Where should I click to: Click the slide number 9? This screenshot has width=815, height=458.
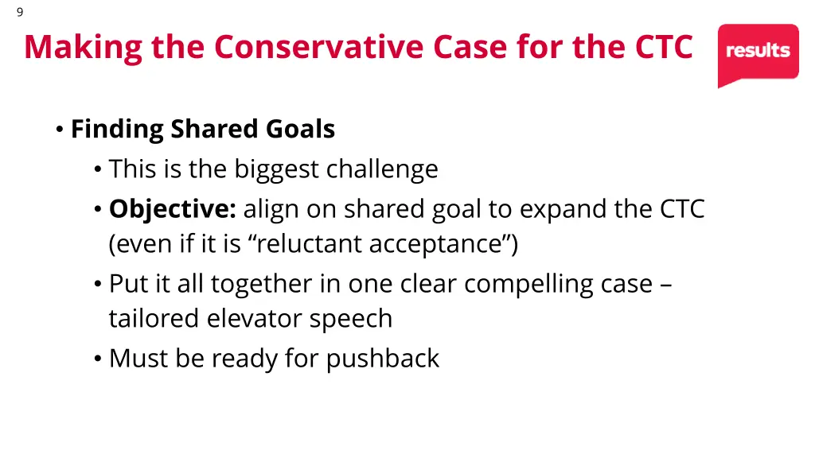(x=19, y=12)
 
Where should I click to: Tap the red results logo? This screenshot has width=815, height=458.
(x=758, y=52)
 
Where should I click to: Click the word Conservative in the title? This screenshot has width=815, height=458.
(x=319, y=47)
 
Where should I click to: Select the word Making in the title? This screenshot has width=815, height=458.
(x=83, y=47)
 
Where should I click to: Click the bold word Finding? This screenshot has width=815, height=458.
(x=118, y=129)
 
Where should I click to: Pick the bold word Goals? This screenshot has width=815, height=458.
(x=301, y=129)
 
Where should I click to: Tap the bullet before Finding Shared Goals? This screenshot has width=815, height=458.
(x=60, y=130)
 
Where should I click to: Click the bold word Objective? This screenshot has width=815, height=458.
(x=173, y=209)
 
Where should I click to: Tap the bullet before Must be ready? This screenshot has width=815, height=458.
(x=97, y=359)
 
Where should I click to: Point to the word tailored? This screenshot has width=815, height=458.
(x=154, y=318)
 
